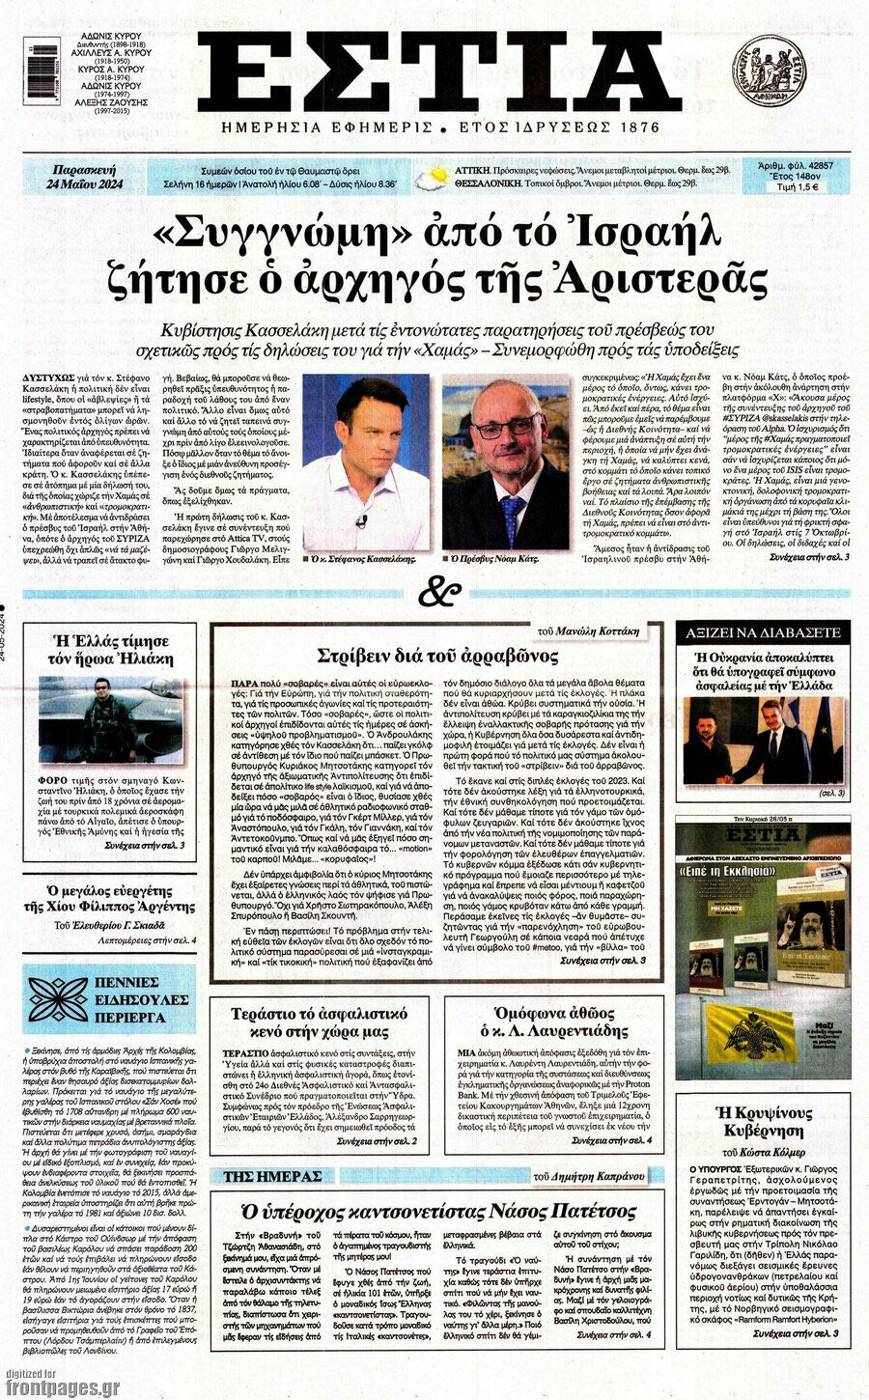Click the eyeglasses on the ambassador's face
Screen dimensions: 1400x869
(506, 425)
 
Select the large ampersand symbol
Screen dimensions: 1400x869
(438, 591)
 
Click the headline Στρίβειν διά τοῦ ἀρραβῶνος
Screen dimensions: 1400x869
(437, 657)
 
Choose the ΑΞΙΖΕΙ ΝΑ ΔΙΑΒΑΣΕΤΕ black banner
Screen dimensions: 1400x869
(762, 632)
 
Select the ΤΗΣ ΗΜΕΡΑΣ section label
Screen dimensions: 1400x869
(271, 1176)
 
